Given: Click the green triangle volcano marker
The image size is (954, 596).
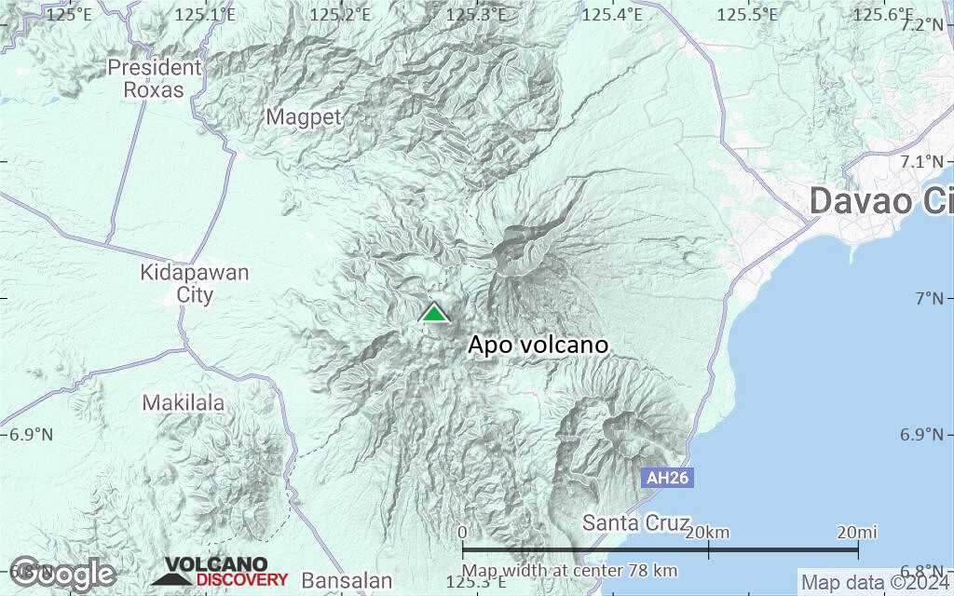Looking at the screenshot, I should pos(434,313).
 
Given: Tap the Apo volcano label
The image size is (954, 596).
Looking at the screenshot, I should pos(538,345).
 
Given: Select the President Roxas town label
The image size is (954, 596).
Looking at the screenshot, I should pos(154,78).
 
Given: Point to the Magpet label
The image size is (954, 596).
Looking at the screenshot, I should pos(305,117).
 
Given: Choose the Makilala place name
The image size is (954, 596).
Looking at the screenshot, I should pos(184,403).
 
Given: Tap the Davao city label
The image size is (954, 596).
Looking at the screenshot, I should pos(880,201).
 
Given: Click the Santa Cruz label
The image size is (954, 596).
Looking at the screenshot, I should pos(636,522).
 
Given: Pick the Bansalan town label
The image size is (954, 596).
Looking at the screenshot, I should pos(348,580).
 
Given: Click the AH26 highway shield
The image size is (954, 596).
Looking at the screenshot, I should pos(668,478).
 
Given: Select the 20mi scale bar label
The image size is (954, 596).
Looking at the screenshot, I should pos(856,532).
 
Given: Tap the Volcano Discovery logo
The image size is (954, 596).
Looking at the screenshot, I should pos(220,572).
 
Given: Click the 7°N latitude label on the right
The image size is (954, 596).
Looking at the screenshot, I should pos(931,298).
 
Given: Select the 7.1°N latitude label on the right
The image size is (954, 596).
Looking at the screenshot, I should pos(926,161).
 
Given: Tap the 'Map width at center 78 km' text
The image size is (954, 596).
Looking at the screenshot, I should pos(569,571).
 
